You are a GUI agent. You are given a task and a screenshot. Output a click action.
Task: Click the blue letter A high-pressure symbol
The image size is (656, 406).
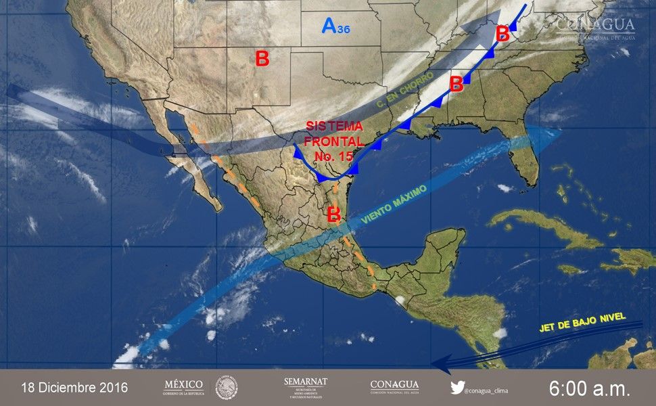[x=329, y=26]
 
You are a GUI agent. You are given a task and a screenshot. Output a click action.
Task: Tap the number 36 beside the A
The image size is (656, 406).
[x=343, y=29]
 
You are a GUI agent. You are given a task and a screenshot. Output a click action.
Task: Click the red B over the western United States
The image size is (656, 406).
[x=262, y=59]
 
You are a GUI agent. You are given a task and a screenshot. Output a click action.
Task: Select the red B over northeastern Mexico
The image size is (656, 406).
[x=333, y=215]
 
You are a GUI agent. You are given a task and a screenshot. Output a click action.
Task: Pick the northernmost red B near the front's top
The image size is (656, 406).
[x=502, y=32]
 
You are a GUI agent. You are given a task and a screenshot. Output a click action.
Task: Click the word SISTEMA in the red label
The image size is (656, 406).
[x=334, y=127]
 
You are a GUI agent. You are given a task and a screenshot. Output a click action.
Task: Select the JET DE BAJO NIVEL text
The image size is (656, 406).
[x=582, y=323]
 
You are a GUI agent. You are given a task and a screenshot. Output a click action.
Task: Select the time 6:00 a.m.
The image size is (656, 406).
[x=589, y=388]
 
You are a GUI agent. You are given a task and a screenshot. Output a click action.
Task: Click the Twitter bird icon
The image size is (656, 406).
[x=458, y=388]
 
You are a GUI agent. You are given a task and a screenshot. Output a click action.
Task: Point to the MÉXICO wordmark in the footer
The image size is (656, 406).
[x=183, y=386]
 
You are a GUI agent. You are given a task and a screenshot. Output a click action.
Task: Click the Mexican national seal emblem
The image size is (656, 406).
[x=227, y=388]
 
